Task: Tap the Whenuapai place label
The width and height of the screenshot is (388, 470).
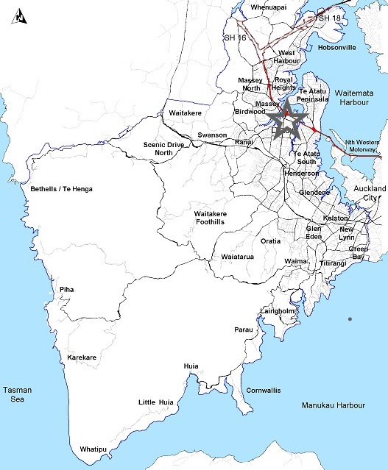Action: click(x=268, y=7)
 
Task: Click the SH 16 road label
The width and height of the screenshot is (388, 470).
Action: click(x=234, y=37)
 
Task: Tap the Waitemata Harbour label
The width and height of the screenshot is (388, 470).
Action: click(x=355, y=98)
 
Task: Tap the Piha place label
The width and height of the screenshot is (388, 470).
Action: click(x=67, y=290)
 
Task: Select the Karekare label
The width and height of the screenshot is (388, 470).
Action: click(x=82, y=357)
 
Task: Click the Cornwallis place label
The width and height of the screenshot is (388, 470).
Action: click(x=263, y=390)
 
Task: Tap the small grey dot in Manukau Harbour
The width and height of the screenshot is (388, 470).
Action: click(x=350, y=318)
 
